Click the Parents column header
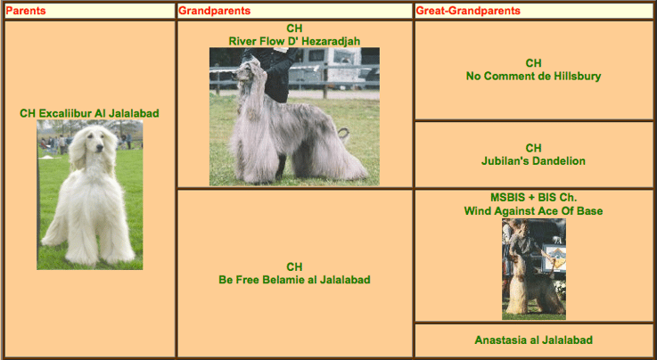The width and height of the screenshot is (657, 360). pos(26,11)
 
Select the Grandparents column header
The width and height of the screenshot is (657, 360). pos(215,11)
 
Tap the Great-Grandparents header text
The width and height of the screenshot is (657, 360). pos(468,11)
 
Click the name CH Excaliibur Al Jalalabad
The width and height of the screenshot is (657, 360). pos(89,113)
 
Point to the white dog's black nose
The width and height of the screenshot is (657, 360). pos(100,147)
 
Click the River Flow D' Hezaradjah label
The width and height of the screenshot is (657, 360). pos(294,41)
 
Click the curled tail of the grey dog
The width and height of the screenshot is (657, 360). pos(344,134)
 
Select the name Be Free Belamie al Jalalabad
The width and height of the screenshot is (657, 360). pos(294,280)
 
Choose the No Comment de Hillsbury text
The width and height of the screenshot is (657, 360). pos(533,76)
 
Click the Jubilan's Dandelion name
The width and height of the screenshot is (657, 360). pos(533,160)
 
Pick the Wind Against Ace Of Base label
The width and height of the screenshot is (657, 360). pos(533,211)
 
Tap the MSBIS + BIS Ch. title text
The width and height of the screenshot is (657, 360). pos(533,197)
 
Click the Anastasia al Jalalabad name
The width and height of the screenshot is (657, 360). pos(533,340)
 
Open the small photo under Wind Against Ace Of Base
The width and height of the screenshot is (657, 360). pos(534,269)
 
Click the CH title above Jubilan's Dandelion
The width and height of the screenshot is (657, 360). pos(533,148)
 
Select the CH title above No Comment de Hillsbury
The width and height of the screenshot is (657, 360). pos(533,63)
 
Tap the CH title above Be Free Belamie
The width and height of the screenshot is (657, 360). pos(294,266)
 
